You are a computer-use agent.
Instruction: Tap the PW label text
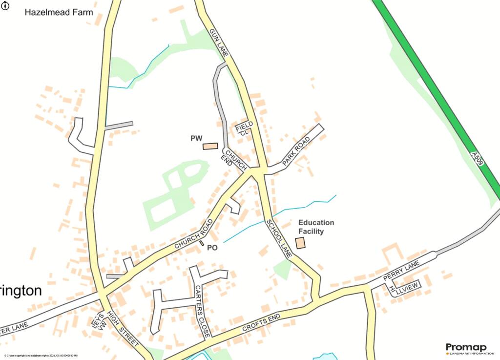coord(196,139)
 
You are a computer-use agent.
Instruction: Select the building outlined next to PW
coord(210,146)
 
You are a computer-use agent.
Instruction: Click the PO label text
coord(212,248)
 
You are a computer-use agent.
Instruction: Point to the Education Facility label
coord(316,227)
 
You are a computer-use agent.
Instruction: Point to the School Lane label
coord(279,239)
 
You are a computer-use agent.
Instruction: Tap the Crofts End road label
coord(262,324)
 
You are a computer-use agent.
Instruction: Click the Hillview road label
coord(403,290)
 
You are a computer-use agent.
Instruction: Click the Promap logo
coord(466,348)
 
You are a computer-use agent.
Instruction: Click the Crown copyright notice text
coord(41,356)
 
